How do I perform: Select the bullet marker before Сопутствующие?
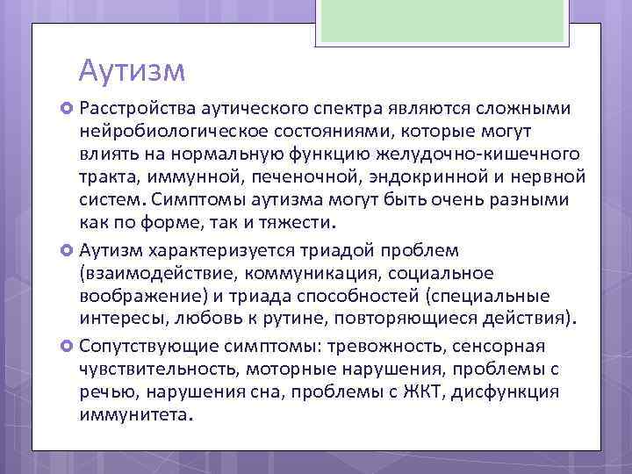(68, 345)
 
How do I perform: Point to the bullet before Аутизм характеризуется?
(68, 249)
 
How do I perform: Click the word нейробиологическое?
(166, 131)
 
